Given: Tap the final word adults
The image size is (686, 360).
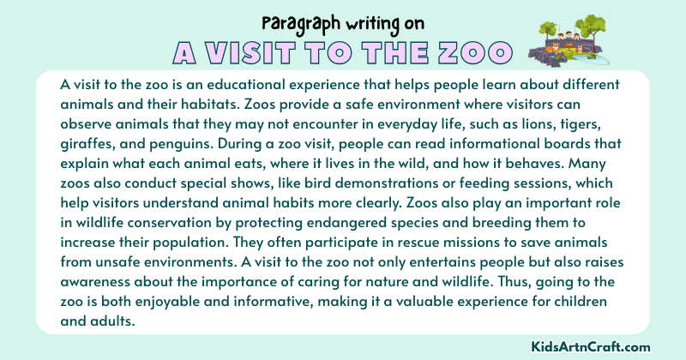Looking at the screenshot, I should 86,306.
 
